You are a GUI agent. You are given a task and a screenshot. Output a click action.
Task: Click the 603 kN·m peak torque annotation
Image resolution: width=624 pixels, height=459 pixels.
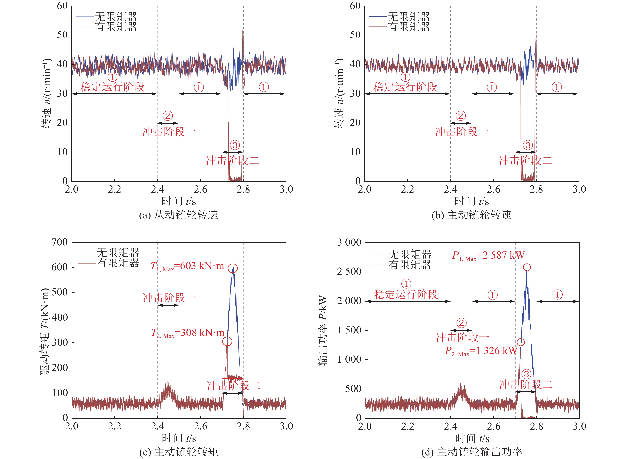[x=187, y=266]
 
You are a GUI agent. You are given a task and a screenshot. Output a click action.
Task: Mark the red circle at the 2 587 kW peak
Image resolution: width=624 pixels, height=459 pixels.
[x=527, y=267]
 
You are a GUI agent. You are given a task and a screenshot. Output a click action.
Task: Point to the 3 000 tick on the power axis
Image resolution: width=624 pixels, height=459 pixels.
[x=349, y=242]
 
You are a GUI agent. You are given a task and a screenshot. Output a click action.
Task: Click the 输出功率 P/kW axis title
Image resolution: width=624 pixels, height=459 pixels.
[x=323, y=331]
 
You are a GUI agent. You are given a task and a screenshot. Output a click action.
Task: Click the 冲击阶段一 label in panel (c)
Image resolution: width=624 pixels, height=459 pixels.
[x=169, y=298]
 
